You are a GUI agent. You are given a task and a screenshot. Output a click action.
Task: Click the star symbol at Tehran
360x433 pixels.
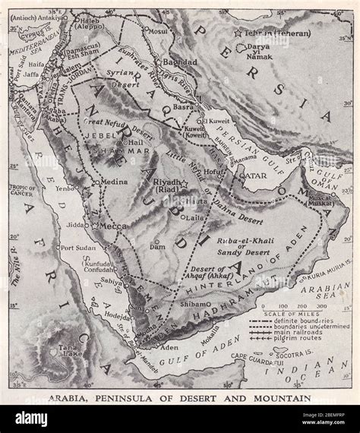(238, 33)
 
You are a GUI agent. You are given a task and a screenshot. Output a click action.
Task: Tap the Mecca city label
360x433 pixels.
(111, 225)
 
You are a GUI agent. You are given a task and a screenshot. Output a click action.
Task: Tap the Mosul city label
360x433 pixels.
(158, 33)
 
